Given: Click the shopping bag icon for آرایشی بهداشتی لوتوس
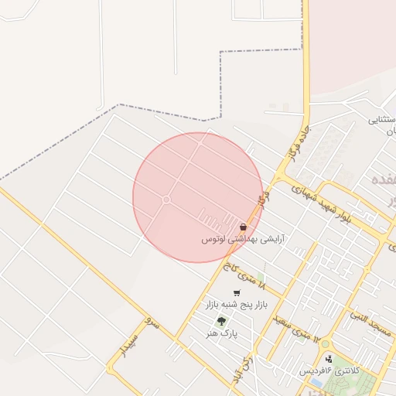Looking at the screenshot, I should click(x=244, y=227).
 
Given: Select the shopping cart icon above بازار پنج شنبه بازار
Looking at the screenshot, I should click(x=236, y=293).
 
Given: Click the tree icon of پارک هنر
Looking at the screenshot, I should click(x=222, y=321).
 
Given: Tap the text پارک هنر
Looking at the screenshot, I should click(x=220, y=333).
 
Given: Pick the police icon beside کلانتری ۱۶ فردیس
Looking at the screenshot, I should click(x=329, y=358).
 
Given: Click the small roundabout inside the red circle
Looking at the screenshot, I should click(x=166, y=200).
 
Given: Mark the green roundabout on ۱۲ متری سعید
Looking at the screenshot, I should click(x=325, y=343).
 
